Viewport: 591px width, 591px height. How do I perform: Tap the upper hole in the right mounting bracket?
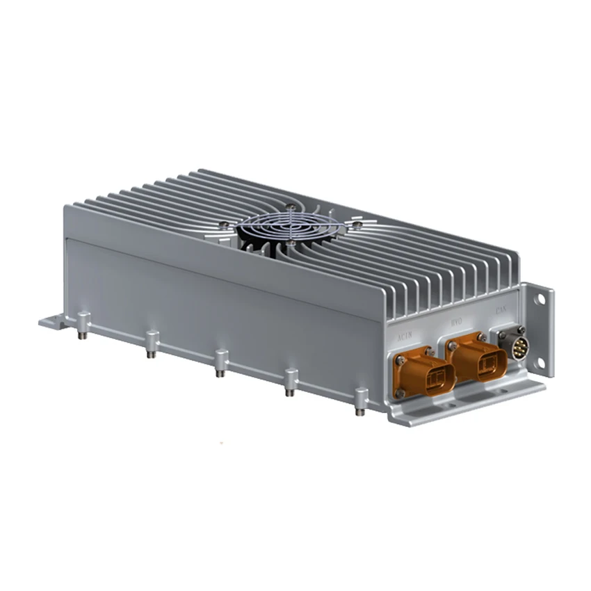540,299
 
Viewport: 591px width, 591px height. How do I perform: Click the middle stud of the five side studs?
221,364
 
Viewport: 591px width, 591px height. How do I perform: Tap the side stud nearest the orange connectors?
361,402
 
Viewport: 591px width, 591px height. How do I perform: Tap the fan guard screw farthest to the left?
222,224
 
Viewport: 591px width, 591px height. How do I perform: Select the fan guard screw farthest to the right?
357,224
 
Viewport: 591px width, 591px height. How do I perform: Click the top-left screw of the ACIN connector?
400,360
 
